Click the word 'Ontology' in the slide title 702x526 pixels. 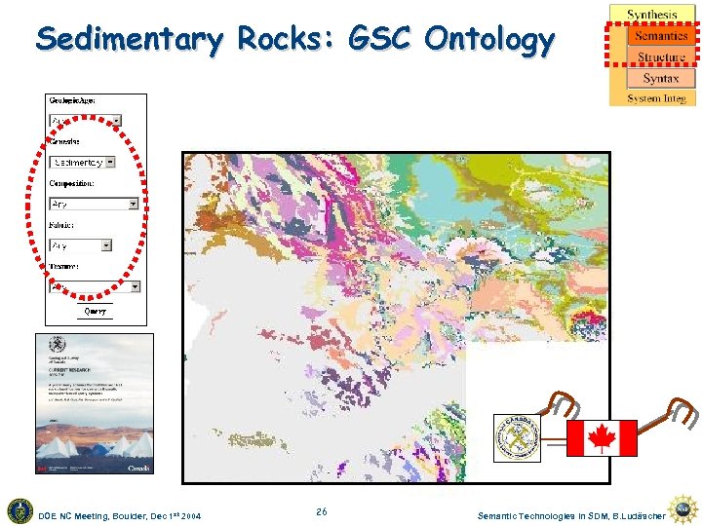tap(488, 40)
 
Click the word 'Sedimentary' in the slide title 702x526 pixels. tap(131, 40)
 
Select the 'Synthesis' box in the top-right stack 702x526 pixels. tap(652, 14)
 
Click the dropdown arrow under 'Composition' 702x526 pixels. tap(133, 205)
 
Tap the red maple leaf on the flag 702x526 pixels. tap(602, 438)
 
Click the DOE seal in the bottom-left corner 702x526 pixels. tap(19, 510)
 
